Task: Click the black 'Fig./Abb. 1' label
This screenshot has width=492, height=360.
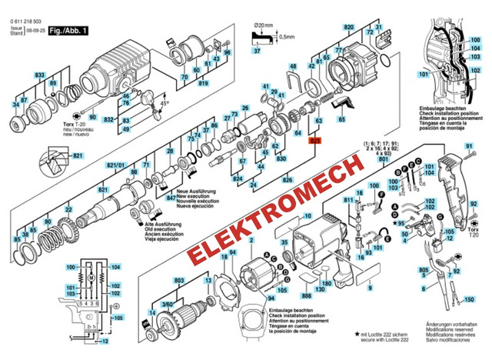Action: tap(68, 32)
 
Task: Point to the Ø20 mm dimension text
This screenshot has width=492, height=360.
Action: tap(264, 26)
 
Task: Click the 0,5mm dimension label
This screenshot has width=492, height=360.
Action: tap(288, 37)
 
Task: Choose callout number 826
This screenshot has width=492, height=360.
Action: tap(288, 180)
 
